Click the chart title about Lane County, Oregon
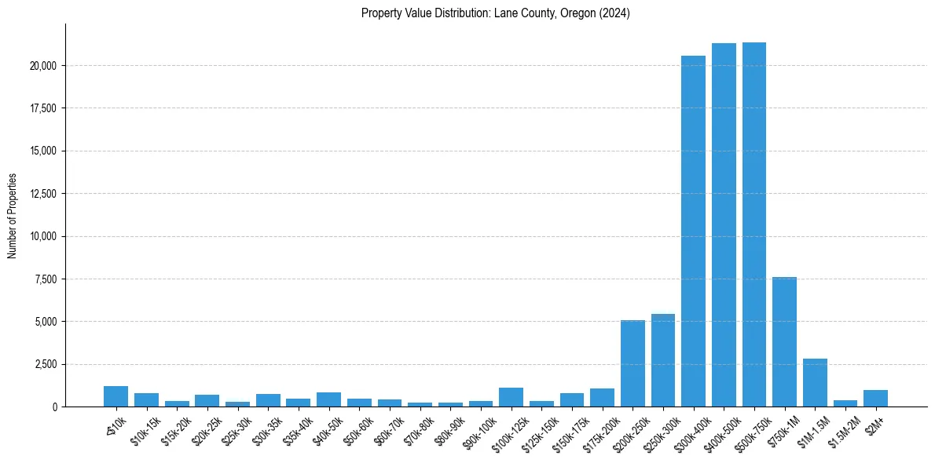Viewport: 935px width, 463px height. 495,13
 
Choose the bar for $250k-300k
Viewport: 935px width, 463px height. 663,360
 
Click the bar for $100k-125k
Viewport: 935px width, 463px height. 511,397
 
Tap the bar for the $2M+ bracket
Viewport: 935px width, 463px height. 875,399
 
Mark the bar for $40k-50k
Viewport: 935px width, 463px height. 328,399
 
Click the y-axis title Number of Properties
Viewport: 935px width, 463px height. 13,216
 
